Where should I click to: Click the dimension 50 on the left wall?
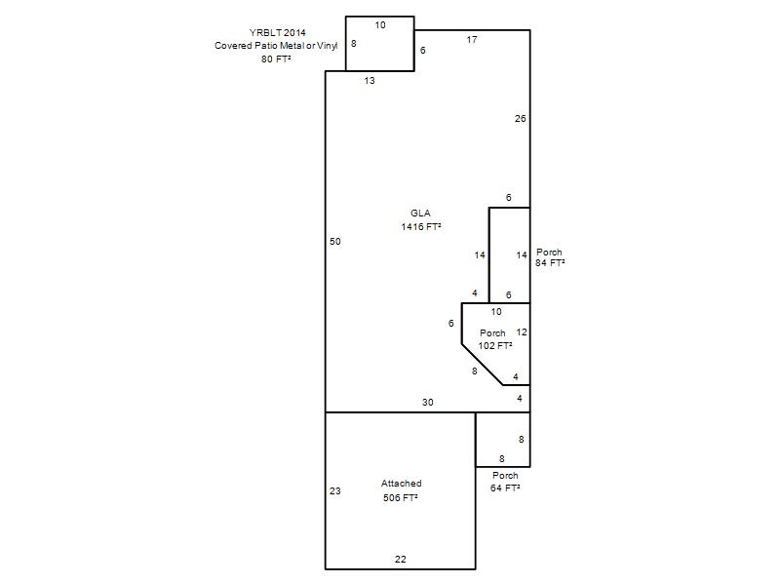coord(335,241)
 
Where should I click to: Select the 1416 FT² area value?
coord(421,226)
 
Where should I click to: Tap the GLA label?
coord(420,213)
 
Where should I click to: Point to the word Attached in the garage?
coord(402,483)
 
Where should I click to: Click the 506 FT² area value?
coord(401,497)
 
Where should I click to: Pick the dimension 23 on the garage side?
coord(335,491)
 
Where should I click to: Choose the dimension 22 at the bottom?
coord(401,559)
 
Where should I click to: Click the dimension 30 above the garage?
coord(428,403)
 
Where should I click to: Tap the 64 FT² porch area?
coord(505,488)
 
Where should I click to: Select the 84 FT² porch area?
coord(550,262)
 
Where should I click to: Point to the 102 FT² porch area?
coord(495,345)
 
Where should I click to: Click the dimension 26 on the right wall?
coord(521,118)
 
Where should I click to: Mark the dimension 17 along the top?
coord(472,40)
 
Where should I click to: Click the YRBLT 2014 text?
coord(278,33)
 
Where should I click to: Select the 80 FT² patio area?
coord(276,58)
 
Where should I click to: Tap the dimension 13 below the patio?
coord(370,81)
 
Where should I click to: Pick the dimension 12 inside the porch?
coord(522,331)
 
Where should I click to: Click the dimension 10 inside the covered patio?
coord(380,25)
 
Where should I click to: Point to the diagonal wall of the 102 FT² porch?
coord(483,365)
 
